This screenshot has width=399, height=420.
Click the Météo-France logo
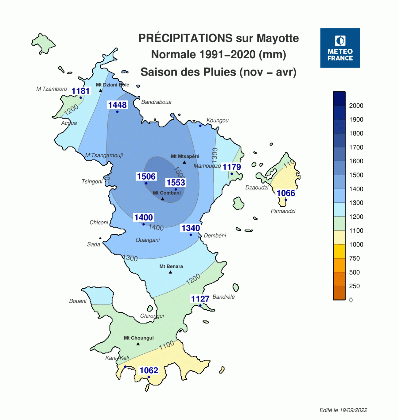(340, 48)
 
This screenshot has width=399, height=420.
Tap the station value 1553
(176, 183)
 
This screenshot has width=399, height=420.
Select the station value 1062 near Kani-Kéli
(149, 370)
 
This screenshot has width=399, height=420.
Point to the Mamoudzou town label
(207, 166)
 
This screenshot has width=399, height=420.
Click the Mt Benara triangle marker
(170, 272)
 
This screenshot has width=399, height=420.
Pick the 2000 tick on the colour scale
(356, 106)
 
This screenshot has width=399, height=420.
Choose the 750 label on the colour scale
(354, 259)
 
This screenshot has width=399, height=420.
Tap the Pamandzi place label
(283, 211)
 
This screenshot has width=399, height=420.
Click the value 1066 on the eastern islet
(286, 193)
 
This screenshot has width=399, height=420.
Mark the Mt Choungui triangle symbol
(138, 344)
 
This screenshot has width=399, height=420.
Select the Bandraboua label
(156, 102)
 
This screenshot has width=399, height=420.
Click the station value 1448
(117, 105)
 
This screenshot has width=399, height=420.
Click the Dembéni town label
(215, 235)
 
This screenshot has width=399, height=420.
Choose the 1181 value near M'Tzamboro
(80, 91)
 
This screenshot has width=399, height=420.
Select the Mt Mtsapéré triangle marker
(184, 162)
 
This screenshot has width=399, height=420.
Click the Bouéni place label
(78, 301)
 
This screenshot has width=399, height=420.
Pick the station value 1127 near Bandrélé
(200, 299)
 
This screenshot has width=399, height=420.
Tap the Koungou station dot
(200, 126)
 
